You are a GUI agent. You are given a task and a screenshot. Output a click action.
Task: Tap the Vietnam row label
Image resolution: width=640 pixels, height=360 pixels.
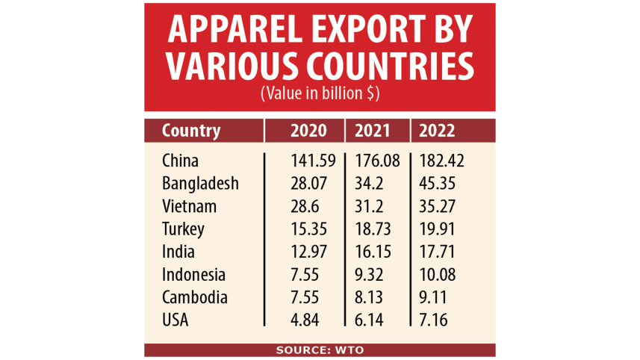[x=189, y=205]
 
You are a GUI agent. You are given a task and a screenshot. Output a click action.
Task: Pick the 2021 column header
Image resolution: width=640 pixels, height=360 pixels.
[x=372, y=131]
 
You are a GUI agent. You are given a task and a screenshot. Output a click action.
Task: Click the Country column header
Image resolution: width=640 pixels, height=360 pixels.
[x=191, y=131]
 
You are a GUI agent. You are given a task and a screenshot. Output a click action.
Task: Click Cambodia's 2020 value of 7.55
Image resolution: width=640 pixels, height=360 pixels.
[x=305, y=297]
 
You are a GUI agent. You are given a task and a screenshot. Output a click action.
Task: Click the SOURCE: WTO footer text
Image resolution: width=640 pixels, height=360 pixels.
[x=320, y=350]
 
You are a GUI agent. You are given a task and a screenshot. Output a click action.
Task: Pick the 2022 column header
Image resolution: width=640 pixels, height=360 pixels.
[x=438, y=131]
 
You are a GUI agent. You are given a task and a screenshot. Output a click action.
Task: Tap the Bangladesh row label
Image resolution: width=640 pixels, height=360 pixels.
[x=200, y=183]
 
